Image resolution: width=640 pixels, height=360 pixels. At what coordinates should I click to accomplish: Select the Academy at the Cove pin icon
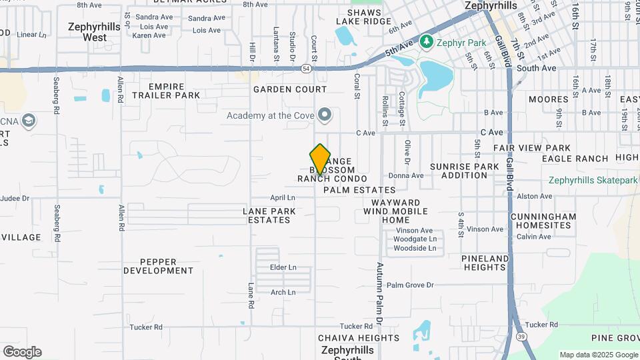(x=325, y=115)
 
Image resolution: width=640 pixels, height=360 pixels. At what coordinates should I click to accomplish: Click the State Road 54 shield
(x=306, y=68)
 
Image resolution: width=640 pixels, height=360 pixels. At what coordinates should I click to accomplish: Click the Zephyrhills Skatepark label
(x=593, y=180)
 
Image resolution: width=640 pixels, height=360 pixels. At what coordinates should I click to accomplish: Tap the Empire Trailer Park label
(x=165, y=91)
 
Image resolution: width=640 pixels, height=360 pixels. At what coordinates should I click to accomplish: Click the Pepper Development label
(x=159, y=266)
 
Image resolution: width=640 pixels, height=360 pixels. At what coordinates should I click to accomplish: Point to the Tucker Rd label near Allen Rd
(x=146, y=327)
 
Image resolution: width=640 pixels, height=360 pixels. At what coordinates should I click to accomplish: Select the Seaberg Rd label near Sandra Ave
(x=56, y=99)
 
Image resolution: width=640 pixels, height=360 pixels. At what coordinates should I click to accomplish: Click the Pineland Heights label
(x=485, y=263)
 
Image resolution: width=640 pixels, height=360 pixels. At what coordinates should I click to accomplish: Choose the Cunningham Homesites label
(x=543, y=221)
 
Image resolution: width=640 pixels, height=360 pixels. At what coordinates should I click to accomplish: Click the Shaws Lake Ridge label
(x=363, y=17)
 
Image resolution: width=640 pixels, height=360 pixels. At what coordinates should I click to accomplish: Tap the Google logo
(x=22, y=351)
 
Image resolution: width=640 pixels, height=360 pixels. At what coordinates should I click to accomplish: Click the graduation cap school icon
(x=29, y=121)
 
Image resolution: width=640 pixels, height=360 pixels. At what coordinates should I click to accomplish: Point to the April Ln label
(x=283, y=198)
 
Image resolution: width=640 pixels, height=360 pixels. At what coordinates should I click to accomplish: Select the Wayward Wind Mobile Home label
(x=395, y=211)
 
